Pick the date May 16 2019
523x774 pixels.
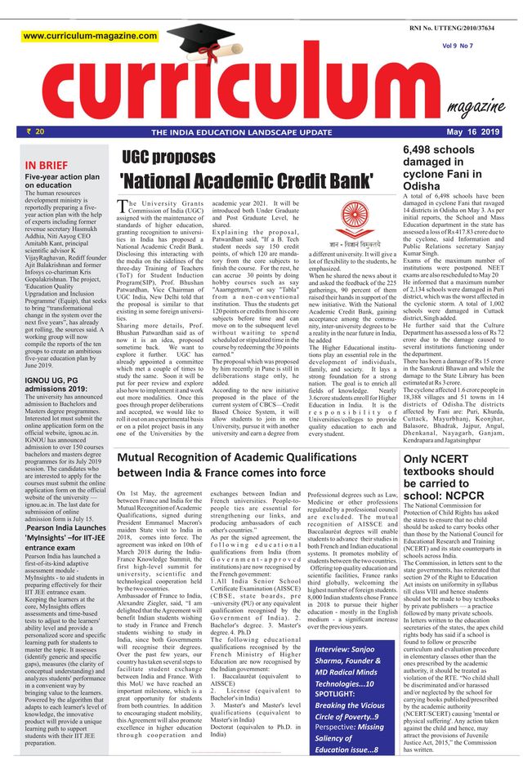click(x=471, y=131)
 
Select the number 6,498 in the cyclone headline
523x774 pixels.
click(x=424, y=150)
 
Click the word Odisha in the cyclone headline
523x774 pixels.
click(x=425, y=185)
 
